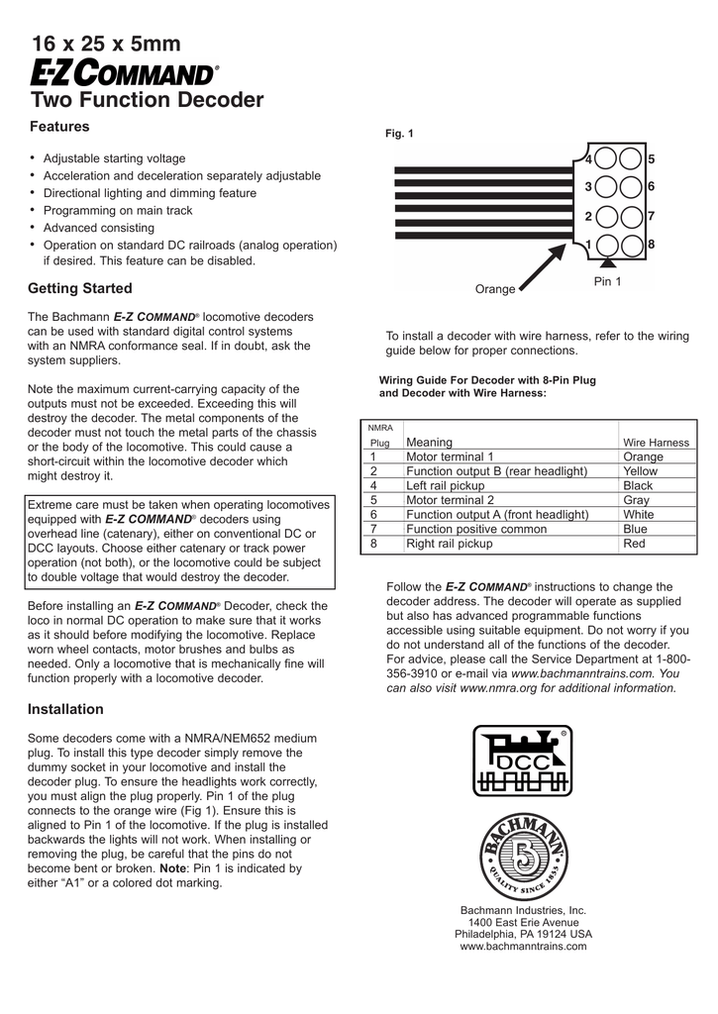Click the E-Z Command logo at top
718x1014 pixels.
[123, 73]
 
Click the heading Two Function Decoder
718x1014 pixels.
[148, 100]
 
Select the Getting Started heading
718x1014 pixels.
[79, 288]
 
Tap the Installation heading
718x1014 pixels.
[65, 709]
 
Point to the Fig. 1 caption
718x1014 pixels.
[399, 134]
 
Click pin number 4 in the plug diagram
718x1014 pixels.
[588, 159]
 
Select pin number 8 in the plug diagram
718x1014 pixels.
[652, 245]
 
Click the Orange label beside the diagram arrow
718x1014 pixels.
[495, 289]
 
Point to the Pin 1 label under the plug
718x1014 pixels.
[607, 282]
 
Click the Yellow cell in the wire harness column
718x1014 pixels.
[640, 471]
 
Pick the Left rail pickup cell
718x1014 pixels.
[445, 486]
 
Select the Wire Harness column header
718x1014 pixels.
[656, 443]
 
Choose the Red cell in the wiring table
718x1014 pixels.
[634, 544]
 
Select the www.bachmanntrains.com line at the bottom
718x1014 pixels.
[523, 946]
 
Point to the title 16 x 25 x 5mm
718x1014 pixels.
[106, 44]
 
